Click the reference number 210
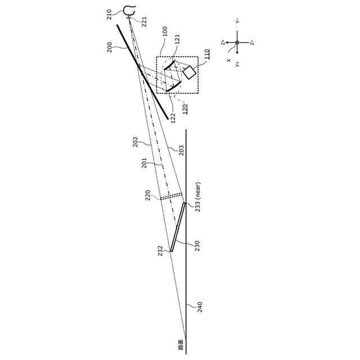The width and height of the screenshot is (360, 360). pos(110,15)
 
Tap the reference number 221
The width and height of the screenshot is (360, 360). pos(145,21)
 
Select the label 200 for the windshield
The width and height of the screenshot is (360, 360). pos(110,48)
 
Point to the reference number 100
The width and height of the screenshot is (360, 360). pos(165,30)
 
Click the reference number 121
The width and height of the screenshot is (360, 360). pos(178,39)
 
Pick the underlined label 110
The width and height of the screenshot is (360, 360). pos(208,54)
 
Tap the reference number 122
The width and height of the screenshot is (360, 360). pos(173,117)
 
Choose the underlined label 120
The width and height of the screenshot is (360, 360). pos(185,109)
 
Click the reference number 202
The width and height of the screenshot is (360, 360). pos(136,142)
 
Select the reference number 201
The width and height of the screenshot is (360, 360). pos(145,163)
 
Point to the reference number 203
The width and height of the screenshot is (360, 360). pos(181,150)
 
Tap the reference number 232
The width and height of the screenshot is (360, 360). pos(160,250)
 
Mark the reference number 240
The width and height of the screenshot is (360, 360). pos(199,307)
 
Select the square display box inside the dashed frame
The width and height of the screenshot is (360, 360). pos(189,73)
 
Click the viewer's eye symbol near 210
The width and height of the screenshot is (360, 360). pos(130,9)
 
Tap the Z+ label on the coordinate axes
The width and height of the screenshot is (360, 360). pos(223,42)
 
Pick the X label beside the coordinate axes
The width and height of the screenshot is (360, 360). pos(228,60)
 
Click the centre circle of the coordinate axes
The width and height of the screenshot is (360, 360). pos(237,42)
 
